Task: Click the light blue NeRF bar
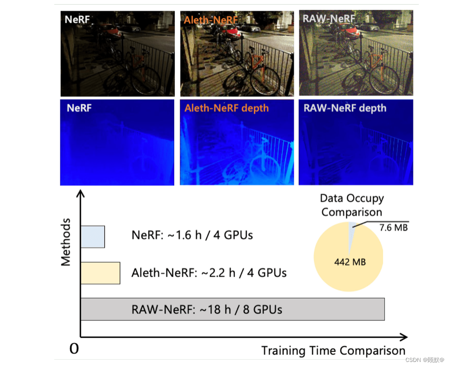(x=92, y=237)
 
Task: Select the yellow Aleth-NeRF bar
(x=100, y=273)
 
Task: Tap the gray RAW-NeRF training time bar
(x=232, y=309)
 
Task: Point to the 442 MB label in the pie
(x=350, y=262)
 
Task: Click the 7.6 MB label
(x=394, y=227)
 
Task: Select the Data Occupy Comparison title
(x=352, y=205)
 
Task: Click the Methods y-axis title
(x=66, y=242)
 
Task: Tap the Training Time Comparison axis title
(x=333, y=351)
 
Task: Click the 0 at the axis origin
(x=74, y=349)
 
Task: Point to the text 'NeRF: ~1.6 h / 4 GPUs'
(x=192, y=235)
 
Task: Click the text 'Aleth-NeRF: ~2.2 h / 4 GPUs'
(x=209, y=273)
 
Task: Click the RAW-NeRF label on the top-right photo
(x=329, y=19)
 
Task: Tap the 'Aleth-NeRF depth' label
(x=227, y=108)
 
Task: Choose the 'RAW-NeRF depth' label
(x=345, y=108)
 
